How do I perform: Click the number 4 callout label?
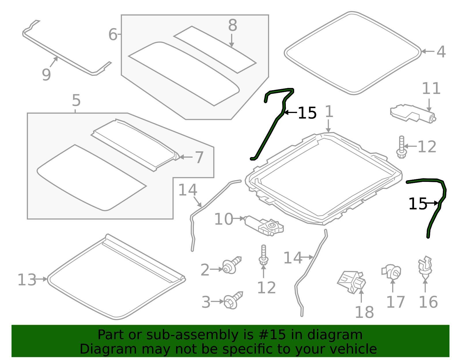pyautogui.click(x=441, y=52)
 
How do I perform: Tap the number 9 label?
pyautogui.click(x=46, y=75)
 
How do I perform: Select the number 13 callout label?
pyautogui.click(x=27, y=280)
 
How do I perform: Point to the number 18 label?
pyautogui.click(x=364, y=312)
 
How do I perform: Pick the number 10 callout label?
pyautogui.click(x=224, y=219)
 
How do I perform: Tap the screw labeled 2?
pyautogui.click(x=231, y=265)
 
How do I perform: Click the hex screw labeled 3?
pyautogui.click(x=233, y=300)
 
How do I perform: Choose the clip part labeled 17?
pyautogui.click(x=392, y=272)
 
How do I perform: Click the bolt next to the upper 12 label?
pyautogui.click(x=401, y=147)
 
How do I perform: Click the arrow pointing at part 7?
pyautogui.click(x=186, y=157)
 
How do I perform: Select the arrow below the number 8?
pyautogui.click(x=232, y=41)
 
